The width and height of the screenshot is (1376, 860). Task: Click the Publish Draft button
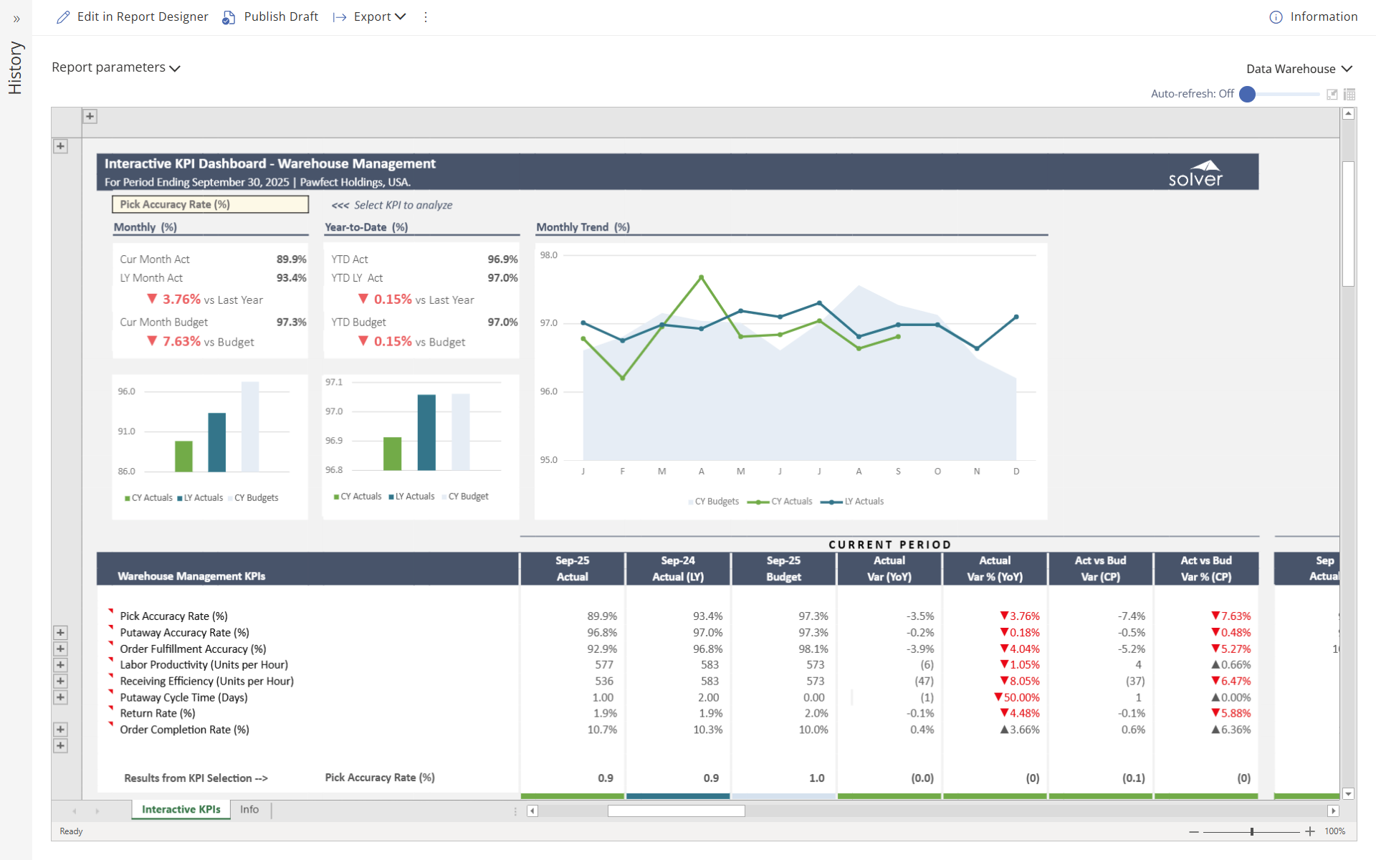click(271, 16)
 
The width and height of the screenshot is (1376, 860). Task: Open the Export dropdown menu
click(371, 16)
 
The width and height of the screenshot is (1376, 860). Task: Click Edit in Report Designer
click(133, 16)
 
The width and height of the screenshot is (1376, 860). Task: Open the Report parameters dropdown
click(115, 67)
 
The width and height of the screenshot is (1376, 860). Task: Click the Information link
click(1314, 16)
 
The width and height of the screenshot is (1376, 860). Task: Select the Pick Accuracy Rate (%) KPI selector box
click(210, 204)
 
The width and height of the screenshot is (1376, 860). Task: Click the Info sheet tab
click(249, 809)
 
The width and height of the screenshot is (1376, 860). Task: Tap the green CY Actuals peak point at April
click(701, 277)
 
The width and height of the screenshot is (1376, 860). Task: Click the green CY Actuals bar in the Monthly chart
click(184, 456)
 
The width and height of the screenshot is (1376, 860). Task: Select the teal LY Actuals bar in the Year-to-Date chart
click(426, 432)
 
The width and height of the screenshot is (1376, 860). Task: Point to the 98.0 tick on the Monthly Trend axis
click(548, 255)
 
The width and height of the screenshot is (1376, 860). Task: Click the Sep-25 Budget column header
click(783, 568)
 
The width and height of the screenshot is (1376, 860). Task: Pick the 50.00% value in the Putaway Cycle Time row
click(1017, 697)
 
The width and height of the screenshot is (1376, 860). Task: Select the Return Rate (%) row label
click(158, 713)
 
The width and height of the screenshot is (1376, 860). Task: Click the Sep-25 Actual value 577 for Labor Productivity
click(604, 665)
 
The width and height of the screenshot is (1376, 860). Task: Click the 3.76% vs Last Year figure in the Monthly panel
click(181, 300)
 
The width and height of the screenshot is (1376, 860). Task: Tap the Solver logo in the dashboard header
click(1195, 173)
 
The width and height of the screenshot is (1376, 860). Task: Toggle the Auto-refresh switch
click(1248, 94)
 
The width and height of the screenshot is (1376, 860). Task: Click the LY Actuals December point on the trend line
click(1016, 317)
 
